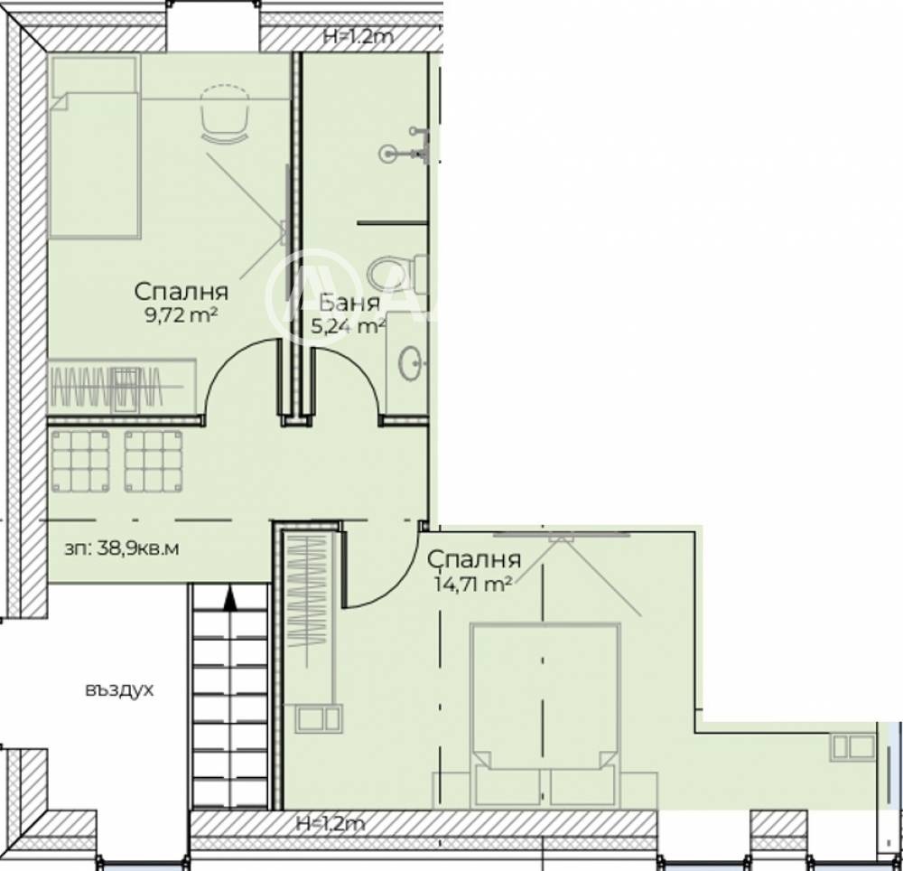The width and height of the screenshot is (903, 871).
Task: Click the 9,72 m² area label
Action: pos(181,314)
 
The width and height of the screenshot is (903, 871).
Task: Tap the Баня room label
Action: pos(349,303)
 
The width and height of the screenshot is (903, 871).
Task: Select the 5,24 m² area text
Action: pos(349,327)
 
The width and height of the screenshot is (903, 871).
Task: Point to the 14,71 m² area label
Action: pos(474,584)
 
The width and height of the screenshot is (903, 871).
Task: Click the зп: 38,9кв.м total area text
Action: pos(122,548)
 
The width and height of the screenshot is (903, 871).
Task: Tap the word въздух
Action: pos(119,690)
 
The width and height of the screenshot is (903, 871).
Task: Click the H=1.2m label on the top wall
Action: pos(358,37)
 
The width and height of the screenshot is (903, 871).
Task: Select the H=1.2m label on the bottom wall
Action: pos(330,824)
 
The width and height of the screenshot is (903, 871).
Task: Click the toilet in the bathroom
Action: pos(397,274)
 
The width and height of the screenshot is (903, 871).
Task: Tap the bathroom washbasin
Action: pos(411,363)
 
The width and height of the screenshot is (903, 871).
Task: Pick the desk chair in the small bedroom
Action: pos(225,113)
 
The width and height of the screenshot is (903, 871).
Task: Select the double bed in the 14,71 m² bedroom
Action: pos(545,715)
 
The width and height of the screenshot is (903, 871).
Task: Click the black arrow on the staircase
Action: pos(230,597)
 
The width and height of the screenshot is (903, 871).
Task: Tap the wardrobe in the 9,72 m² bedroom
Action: pos(123,387)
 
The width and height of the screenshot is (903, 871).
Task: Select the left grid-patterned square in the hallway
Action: pos(80,461)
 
